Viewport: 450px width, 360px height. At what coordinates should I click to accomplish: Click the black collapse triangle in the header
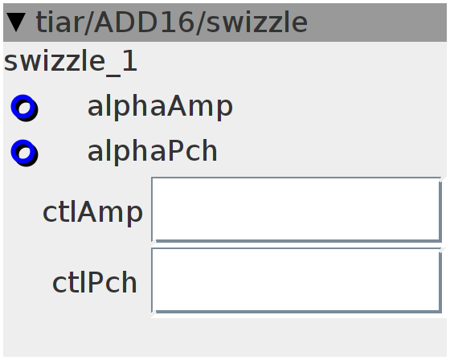click(16, 22)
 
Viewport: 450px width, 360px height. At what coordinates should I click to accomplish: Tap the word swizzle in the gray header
click(256, 22)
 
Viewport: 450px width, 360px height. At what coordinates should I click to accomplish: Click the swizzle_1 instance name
click(71, 61)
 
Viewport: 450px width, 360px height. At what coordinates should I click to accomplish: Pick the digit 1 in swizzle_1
click(129, 61)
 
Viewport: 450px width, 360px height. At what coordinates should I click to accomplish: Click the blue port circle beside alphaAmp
click(24, 108)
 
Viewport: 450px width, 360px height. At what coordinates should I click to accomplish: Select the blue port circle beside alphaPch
click(24, 153)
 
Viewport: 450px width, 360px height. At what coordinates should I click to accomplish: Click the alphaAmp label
click(160, 108)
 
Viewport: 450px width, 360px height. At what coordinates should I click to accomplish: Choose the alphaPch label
click(153, 152)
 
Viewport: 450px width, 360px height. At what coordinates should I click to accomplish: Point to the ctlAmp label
click(92, 213)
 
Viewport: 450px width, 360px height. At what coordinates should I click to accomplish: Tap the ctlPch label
click(95, 283)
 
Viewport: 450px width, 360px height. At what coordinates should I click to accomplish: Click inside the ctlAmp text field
click(297, 210)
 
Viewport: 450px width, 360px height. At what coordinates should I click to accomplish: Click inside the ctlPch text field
click(297, 280)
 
